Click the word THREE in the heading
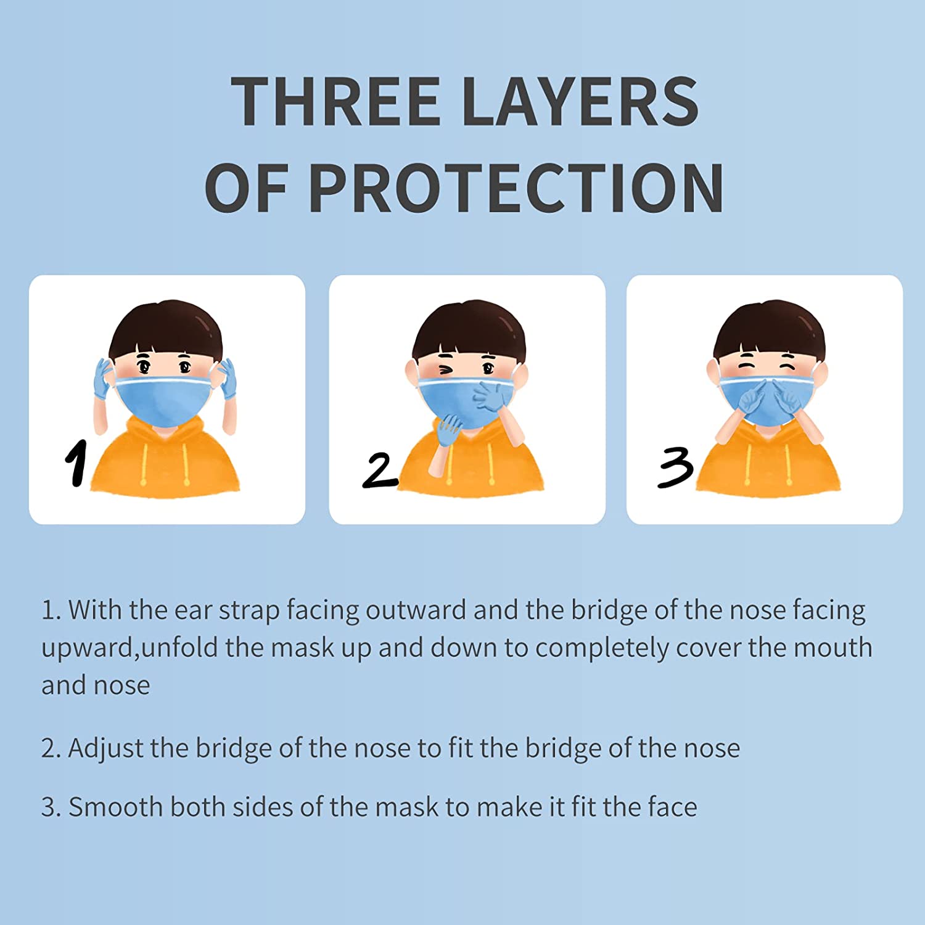coord(335,101)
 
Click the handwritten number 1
coord(76,462)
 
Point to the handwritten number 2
coord(379,471)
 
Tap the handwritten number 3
coord(675,468)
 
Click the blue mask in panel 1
coord(165,400)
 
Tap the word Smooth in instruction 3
coord(115,807)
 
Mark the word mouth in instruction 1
coord(832,647)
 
